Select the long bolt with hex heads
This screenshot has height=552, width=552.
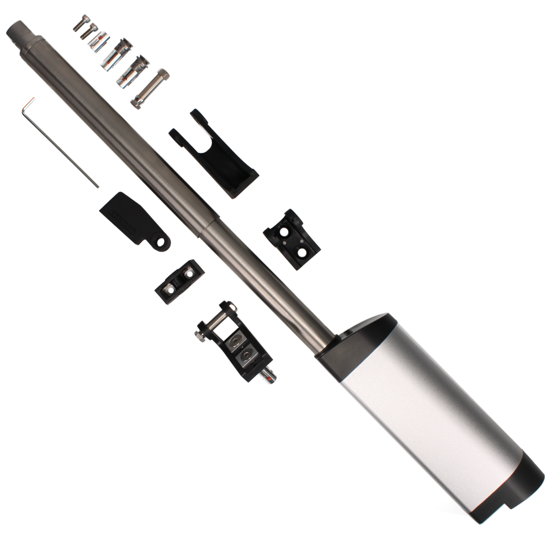(x=150, y=87)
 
